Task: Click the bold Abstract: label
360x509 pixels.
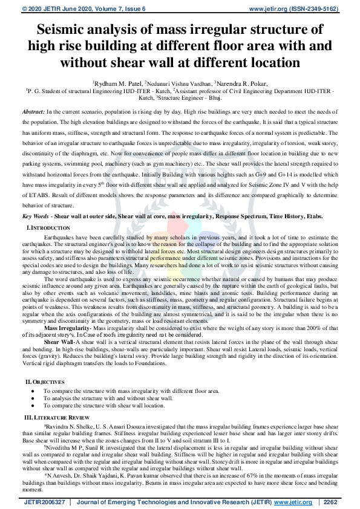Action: click(33, 112)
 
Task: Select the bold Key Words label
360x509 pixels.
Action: click(36, 216)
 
